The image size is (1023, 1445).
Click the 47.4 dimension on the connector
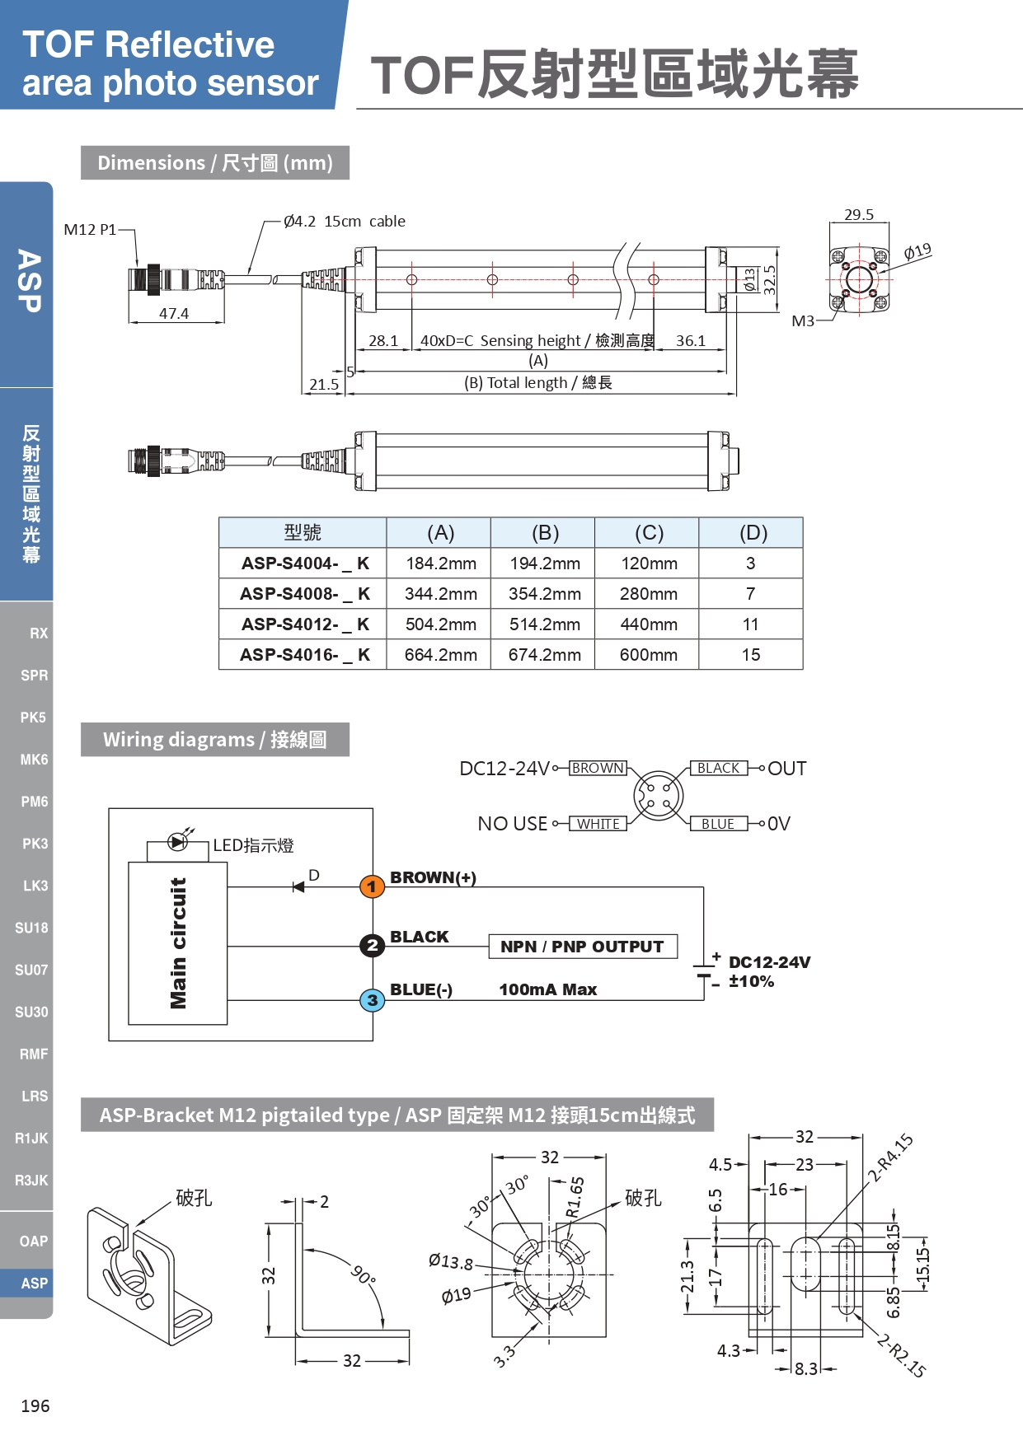tap(174, 314)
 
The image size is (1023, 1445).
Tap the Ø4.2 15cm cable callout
tap(345, 222)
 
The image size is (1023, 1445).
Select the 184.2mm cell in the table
tap(440, 564)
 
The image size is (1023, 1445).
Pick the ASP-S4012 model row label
tap(304, 624)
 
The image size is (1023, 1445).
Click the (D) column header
tap(753, 533)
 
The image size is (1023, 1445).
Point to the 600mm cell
tap(649, 655)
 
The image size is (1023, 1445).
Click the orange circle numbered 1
tap(372, 886)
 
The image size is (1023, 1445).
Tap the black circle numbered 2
tap(372, 945)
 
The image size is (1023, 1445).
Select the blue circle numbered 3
tap(372, 1000)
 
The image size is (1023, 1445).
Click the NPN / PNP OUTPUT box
tap(582, 947)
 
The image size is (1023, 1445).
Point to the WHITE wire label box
tap(598, 824)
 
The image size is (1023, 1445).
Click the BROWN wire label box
tap(598, 768)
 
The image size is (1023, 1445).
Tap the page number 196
tap(35, 1405)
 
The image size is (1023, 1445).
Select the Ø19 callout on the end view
tap(917, 251)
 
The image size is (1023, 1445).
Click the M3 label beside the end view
tap(803, 321)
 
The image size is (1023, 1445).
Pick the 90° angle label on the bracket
tap(364, 1274)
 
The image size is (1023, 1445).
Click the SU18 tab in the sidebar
tap(31, 928)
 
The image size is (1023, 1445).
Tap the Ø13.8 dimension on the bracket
tap(451, 1261)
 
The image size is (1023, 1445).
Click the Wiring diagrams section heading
tap(214, 740)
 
